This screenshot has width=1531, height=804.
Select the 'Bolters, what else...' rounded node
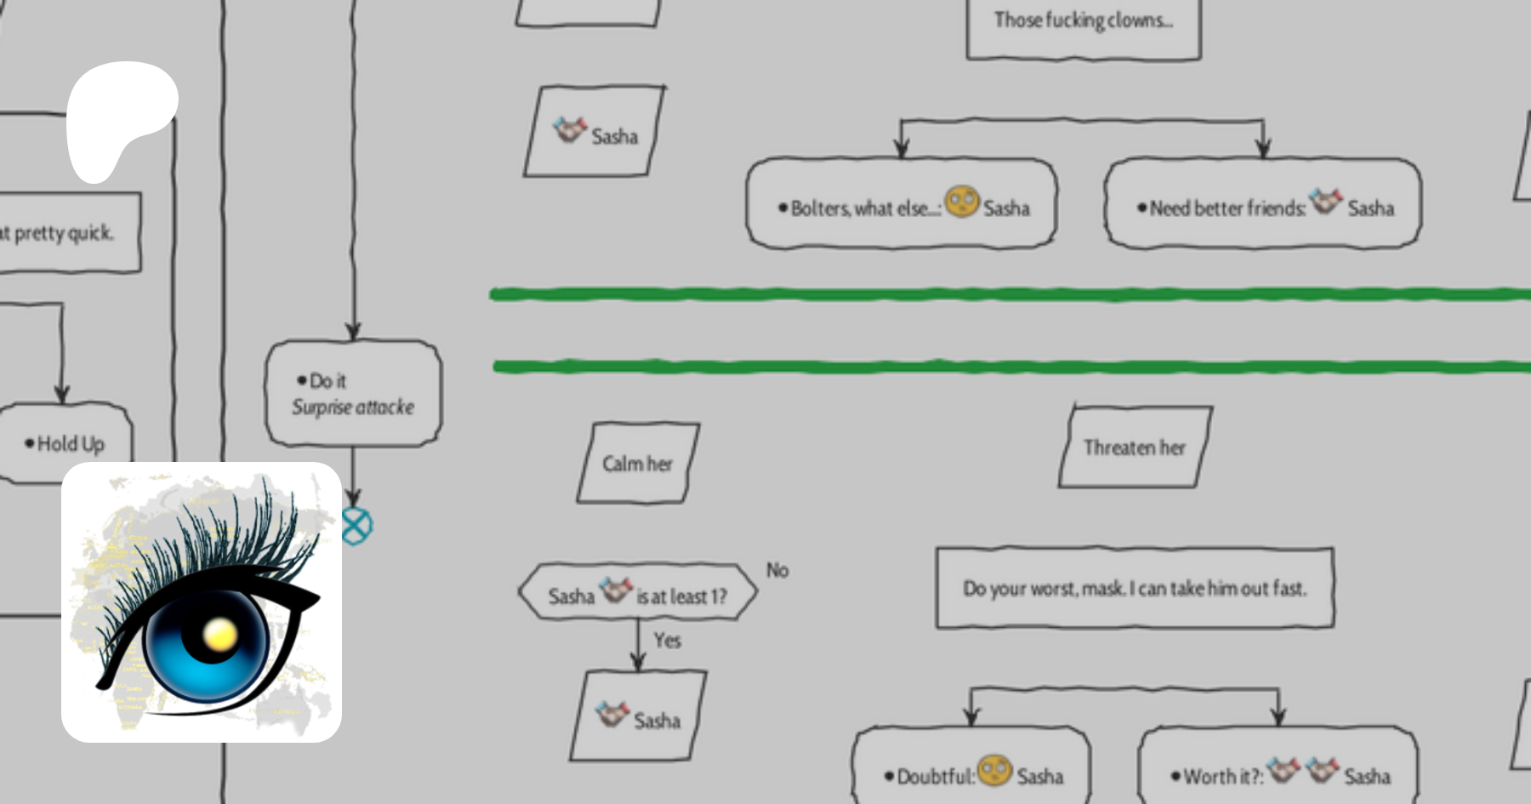coord(902,204)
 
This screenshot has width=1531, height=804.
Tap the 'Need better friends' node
coord(1263,204)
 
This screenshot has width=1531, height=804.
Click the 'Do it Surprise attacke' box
coord(353,393)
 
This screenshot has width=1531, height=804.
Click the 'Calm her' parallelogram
coord(638,464)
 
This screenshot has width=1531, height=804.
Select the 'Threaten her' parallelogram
coord(1135,448)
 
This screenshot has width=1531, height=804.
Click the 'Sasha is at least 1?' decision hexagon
coord(638,593)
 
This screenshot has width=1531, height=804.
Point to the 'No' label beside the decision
coord(777,571)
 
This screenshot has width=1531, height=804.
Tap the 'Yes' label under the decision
coord(667,641)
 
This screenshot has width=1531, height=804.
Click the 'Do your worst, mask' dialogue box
coord(1135,588)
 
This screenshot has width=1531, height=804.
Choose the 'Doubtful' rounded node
coord(972,770)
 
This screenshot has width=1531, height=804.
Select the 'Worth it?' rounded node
coord(1278,770)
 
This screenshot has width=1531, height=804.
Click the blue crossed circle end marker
coord(356,526)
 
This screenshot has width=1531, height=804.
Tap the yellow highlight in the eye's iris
coord(220,633)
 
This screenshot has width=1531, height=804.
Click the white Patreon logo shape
coord(120,115)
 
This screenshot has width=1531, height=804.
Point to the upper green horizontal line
coord(1004,294)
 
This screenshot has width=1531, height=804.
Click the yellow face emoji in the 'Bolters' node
coord(962,202)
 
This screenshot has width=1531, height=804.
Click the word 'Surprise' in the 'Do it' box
coord(322,408)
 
